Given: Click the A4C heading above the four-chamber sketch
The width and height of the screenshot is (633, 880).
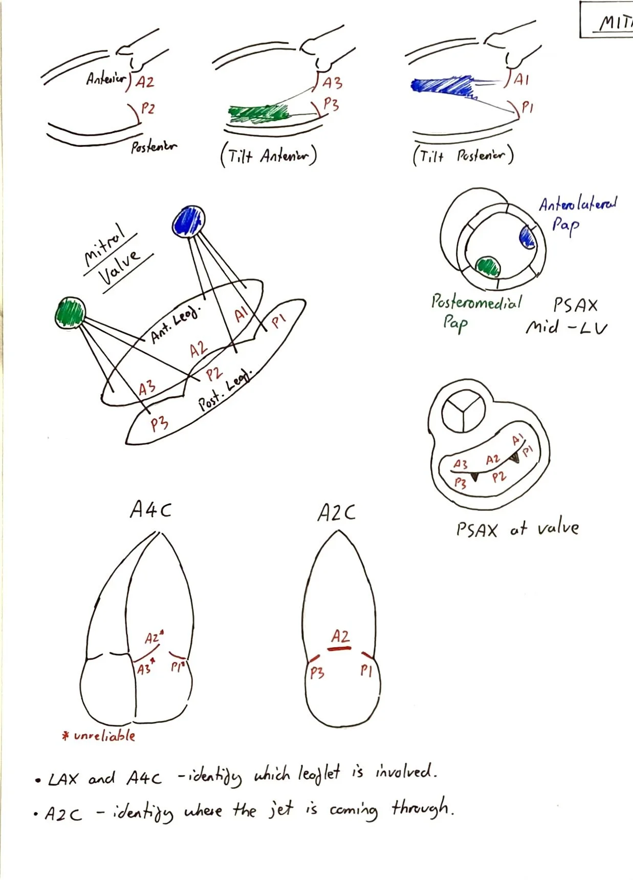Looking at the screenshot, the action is (x=150, y=510).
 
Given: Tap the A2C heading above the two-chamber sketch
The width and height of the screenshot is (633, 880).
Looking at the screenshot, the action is (x=336, y=512).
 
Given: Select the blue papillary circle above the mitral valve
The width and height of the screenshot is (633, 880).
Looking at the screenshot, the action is (x=188, y=222).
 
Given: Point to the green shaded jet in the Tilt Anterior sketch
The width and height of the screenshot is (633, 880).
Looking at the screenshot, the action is (x=258, y=114).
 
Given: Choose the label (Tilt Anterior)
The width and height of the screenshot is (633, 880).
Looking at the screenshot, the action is (x=269, y=155).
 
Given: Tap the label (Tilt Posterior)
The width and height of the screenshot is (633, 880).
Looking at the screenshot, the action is (x=463, y=155).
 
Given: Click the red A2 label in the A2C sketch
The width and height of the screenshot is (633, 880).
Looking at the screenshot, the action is (x=340, y=636).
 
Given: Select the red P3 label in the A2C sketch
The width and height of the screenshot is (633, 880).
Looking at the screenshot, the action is (x=317, y=672).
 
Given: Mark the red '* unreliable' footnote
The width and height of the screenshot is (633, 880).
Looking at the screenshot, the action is (x=98, y=736).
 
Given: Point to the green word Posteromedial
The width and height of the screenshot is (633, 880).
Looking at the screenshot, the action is (x=476, y=302).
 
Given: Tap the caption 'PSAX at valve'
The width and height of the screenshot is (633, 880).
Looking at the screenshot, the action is (x=517, y=529).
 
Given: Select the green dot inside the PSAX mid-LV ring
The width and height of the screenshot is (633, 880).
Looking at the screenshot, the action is (x=488, y=266).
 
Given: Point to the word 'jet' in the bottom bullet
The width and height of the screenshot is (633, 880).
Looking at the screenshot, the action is (x=281, y=809).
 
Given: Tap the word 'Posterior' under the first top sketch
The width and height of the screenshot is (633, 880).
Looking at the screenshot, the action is (x=153, y=147).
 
